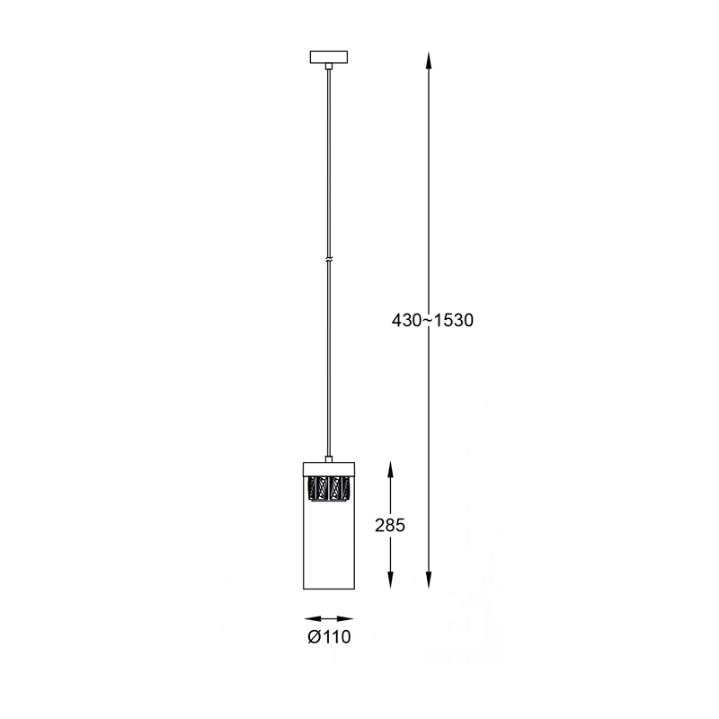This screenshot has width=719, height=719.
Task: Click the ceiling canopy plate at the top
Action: pyautogui.click(x=329, y=57)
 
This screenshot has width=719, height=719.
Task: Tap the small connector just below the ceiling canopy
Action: pyautogui.click(x=328, y=66)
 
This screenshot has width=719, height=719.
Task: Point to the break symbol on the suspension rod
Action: pyautogui.click(x=328, y=260)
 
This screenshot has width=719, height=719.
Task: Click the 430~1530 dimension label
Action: pyautogui.click(x=432, y=320)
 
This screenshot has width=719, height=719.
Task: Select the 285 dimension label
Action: pyautogui.click(x=390, y=525)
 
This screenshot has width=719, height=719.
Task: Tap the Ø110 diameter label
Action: pyautogui.click(x=329, y=636)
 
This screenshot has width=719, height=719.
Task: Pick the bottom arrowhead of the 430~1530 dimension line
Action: pyautogui.click(x=429, y=580)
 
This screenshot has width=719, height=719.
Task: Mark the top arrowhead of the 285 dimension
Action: pyautogui.click(x=390, y=470)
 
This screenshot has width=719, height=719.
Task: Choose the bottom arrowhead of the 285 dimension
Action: pyautogui.click(x=390, y=580)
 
